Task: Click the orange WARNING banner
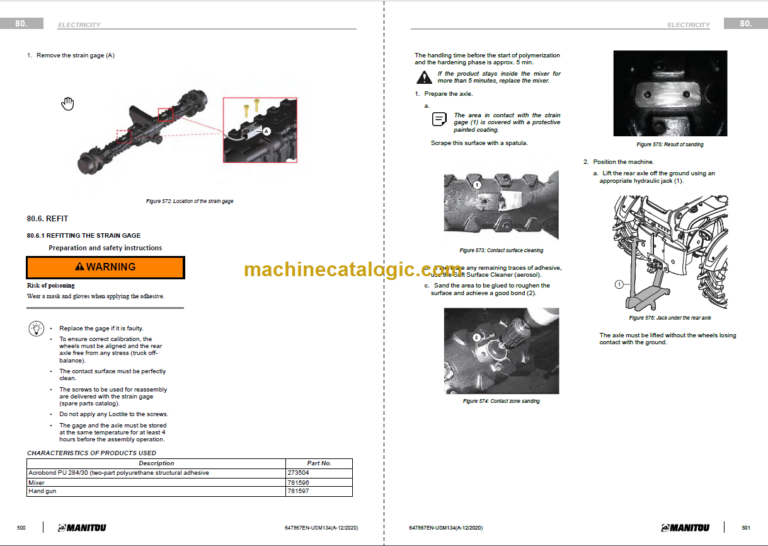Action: (105, 267)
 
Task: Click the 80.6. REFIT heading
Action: (49, 217)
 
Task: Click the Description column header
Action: (156, 463)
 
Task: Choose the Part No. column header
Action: (319, 463)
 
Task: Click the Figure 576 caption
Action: (655, 318)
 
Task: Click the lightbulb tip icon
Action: (36, 328)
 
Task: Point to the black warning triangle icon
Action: (425, 76)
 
